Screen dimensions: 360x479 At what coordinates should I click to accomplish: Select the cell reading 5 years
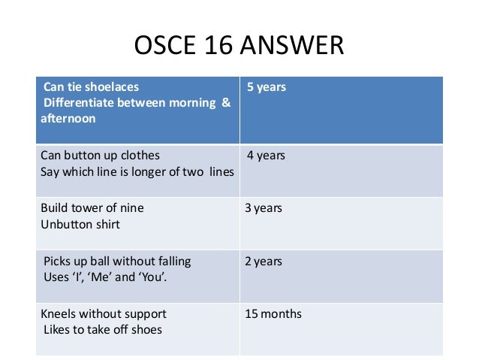point(267,88)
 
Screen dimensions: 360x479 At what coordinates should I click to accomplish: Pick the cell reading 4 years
point(267,156)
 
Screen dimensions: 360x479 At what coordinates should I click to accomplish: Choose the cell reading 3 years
point(264,207)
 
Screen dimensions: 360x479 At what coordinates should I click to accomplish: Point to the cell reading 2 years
point(264,261)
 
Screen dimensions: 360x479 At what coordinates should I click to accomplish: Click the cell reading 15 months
point(273,313)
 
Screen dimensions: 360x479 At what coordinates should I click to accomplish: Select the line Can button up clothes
point(100,156)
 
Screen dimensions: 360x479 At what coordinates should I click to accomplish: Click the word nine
point(132,207)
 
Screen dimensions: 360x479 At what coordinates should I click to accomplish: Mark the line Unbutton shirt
point(80,223)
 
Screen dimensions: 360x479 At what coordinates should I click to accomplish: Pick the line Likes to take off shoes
point(103,328)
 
